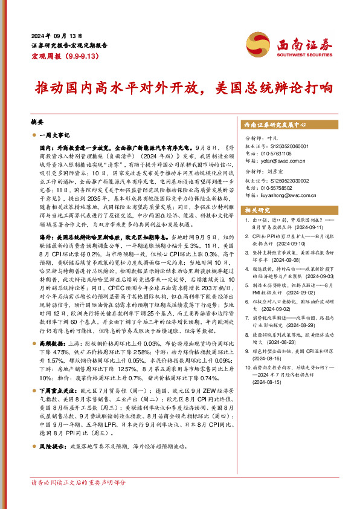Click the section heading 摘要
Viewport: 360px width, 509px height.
pos(36,122)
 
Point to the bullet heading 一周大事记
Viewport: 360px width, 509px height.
pos(56,135)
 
